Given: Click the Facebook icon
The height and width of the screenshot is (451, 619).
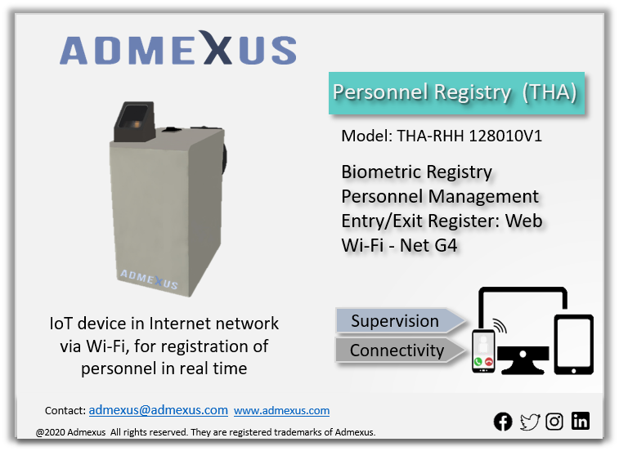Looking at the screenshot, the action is click(503, 422).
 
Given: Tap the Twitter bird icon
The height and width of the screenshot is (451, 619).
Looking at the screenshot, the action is click(529, 422).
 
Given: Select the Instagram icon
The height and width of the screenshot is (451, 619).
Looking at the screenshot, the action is click(554, 422).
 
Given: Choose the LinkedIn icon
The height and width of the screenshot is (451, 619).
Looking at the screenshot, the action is click(581, 421).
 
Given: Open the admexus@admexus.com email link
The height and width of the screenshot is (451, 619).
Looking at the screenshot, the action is click(159, 410).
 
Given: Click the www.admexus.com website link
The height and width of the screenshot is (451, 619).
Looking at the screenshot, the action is click(281, 411).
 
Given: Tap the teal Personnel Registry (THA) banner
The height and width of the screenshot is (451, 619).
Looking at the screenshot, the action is click(456, 93).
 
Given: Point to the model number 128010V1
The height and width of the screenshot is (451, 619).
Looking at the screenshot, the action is click(505, 136).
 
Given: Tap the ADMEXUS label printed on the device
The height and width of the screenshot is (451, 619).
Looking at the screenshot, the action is click(149, 279).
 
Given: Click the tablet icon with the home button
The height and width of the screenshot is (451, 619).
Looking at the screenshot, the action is click(573, 345).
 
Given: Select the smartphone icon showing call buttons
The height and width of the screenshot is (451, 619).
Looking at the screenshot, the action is click(483, 351).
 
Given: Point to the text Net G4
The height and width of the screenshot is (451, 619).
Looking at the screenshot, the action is click(428, 245).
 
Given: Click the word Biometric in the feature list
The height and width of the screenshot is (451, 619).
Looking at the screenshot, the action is click(381, 172).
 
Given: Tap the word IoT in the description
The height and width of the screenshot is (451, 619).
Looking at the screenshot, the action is click(61, 324).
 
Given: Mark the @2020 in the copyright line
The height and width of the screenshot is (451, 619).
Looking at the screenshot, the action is click(51, 432).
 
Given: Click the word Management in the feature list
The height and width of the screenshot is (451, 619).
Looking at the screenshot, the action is click(483, 197).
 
